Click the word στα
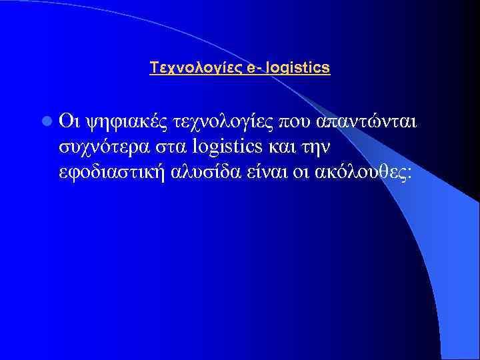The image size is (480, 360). coord(173,147)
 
